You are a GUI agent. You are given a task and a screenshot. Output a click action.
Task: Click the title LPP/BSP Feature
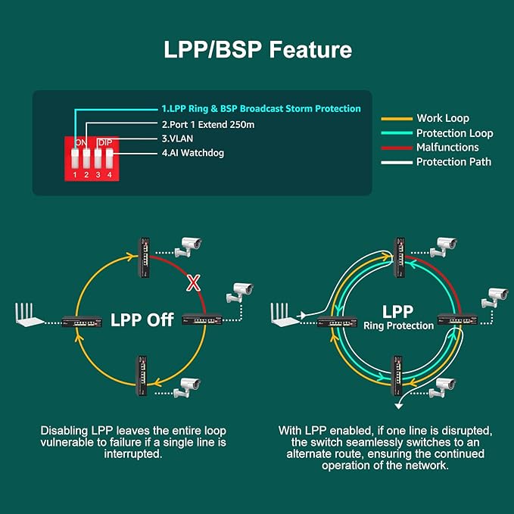(x=257, y=50)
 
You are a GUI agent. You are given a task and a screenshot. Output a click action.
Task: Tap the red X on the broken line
(x=194, y=283)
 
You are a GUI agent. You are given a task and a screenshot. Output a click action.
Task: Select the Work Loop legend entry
(x=442, y=118)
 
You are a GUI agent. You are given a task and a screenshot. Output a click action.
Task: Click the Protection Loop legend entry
(x=454, y=133)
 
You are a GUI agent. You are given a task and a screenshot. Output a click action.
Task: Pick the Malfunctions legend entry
(x=447, y=148)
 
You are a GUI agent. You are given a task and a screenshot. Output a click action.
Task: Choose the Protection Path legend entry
(x=453, y=162)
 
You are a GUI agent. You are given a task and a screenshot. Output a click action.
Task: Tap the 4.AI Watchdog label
(x=192, y=153)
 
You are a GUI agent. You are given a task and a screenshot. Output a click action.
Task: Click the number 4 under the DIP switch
(x=110, y=176)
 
